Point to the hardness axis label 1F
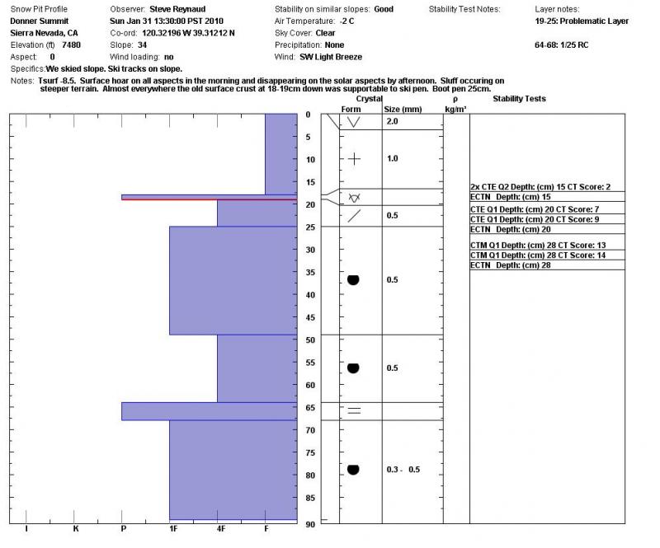[172, 528]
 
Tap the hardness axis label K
[75, 528]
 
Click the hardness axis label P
[123, 528]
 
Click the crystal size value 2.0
[393, 121]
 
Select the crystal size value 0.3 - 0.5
[403, 470]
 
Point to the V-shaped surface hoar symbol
[354, 122]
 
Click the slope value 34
[142, 44]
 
